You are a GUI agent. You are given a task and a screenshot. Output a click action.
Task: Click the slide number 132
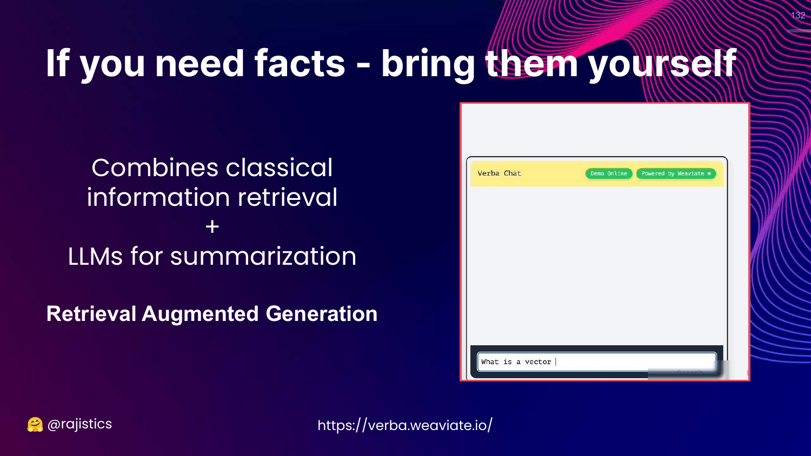798,15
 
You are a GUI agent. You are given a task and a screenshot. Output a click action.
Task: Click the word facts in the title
300,63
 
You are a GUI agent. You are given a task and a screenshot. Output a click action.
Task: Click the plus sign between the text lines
212,227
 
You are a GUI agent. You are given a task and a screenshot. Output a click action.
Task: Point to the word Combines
155,167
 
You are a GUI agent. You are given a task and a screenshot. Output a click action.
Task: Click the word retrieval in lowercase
288,197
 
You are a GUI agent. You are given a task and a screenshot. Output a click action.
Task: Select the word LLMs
95,256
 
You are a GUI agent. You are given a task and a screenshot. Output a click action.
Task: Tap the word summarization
263,256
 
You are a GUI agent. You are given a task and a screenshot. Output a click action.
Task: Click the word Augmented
200,313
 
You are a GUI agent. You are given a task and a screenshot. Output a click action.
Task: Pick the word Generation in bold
322,313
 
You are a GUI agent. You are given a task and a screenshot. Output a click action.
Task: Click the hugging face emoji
35,425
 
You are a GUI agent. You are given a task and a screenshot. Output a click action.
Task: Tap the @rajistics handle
79,424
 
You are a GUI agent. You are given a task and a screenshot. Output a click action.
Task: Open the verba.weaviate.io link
405,425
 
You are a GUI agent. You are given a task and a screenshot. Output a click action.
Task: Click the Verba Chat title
499,173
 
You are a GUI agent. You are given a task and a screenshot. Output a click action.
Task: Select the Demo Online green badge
609,174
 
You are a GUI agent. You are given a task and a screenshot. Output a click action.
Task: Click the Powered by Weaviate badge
676,174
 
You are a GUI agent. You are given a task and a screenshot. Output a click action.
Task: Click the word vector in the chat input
538,362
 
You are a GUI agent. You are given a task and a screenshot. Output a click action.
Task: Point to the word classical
279,167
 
